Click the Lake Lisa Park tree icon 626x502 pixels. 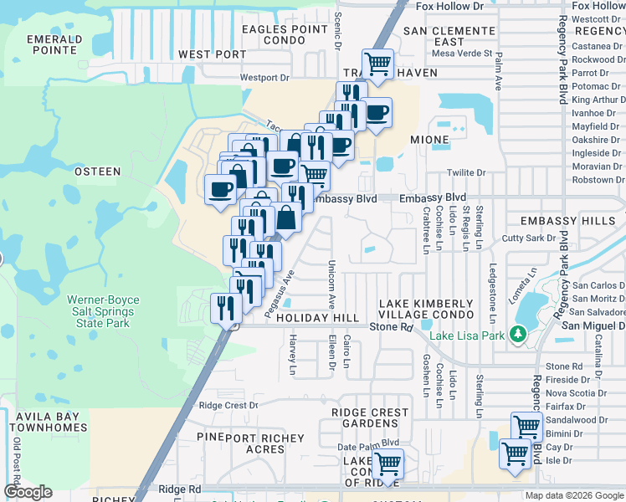[518, 336]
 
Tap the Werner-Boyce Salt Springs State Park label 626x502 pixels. [100, 310]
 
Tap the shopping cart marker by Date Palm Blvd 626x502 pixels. [387, 462]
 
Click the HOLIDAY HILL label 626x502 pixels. [317, 319]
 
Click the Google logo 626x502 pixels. [28, 492]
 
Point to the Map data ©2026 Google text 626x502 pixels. [573, 495]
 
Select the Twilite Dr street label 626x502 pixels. [466, 173]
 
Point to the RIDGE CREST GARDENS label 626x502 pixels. [370, 417]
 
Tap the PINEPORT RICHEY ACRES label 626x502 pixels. [251, 443]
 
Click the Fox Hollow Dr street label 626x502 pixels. [449, 7]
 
